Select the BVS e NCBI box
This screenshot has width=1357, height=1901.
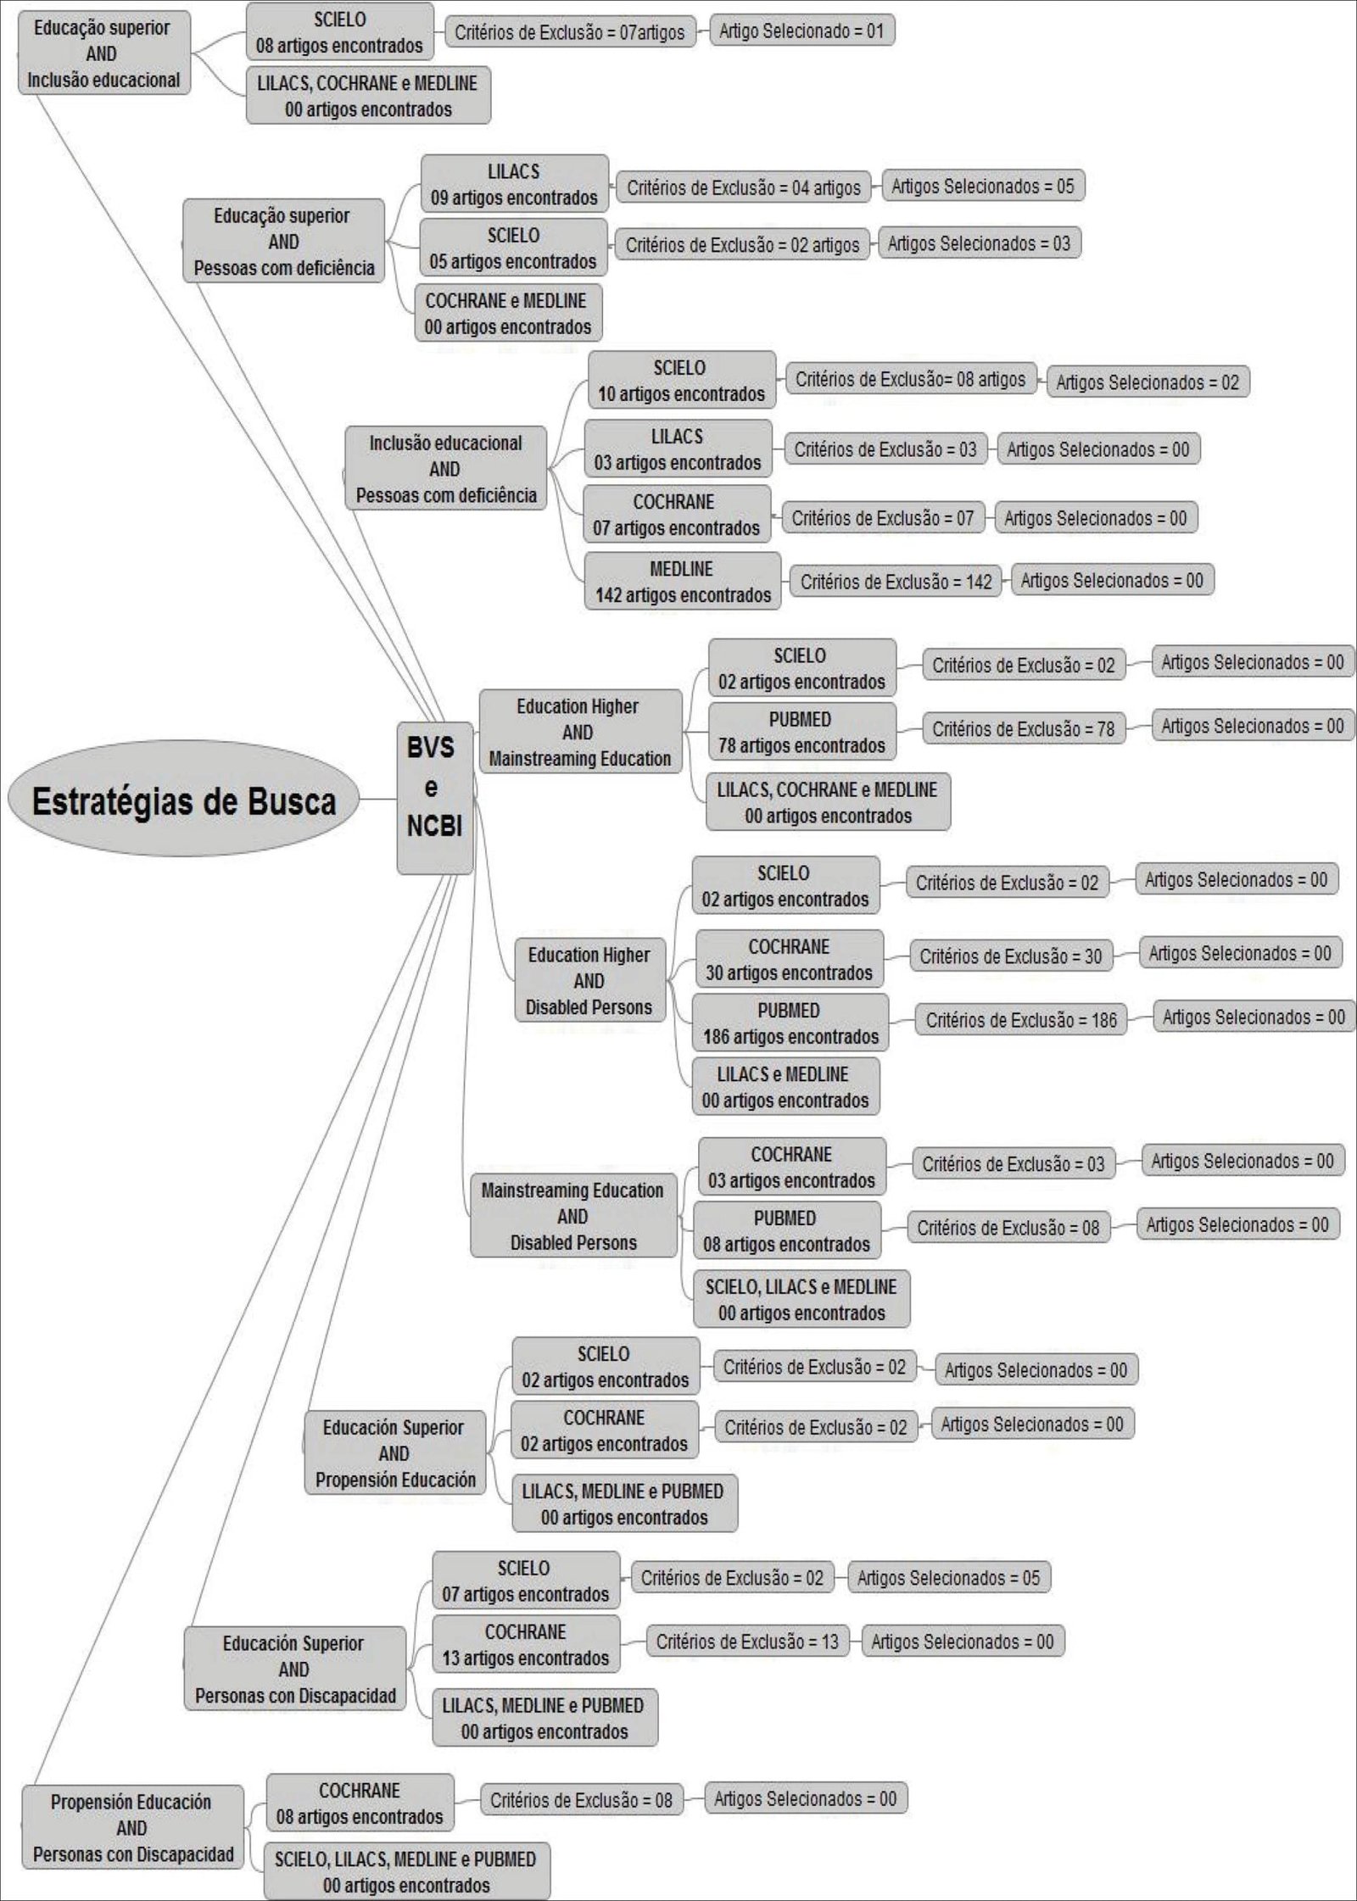[434, 798]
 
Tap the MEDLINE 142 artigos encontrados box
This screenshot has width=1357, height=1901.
[682, 582]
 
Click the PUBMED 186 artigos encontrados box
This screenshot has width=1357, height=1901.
[790, 1023]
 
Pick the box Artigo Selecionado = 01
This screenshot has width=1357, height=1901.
[801, 31]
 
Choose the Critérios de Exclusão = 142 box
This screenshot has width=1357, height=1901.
[896, 582]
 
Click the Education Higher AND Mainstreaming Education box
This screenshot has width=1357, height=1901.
[580, 732]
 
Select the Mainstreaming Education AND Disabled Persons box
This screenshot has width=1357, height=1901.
[573, 1216]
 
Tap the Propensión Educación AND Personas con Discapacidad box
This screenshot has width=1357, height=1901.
[132, 1827]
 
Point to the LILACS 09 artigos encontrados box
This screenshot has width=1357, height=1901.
[514, 184]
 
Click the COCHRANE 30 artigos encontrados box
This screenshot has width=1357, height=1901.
[789, 959]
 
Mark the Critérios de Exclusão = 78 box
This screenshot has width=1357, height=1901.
[1023, 728]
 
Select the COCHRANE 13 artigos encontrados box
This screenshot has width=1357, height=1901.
[526, 1644]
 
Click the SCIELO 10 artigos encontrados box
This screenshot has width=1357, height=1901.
[681, 381]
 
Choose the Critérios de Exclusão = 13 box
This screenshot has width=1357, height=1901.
[746, 1642]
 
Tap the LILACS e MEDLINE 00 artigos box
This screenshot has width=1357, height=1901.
[785, 1087]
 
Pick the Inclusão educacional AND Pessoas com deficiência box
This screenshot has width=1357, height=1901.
[445, 469]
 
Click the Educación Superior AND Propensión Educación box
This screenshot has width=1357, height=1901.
[395, 1453]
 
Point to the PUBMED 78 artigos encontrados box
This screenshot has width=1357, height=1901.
[801, 732]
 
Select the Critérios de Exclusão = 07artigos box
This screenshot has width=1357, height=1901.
[569, 32]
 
